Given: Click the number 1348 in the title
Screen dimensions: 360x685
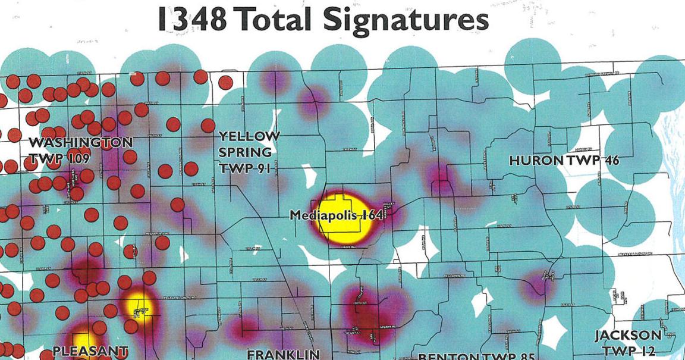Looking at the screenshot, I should (x=191, y=20).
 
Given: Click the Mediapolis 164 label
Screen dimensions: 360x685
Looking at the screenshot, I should (x=336, y=215).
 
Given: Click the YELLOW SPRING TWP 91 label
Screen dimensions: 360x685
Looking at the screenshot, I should (x=249, y=153).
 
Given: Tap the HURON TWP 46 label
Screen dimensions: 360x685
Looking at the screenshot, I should (x=564, y=161).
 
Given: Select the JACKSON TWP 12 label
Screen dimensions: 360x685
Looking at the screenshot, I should (x=628, y=343).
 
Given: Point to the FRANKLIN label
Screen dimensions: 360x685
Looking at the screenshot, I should (x=284, y=355).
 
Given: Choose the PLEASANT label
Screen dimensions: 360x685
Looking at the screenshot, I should (x=90, y=351).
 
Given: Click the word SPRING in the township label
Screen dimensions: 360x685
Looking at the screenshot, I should (x=245, y=153).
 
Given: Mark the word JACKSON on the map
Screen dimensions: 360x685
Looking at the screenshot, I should (x=628, y=336).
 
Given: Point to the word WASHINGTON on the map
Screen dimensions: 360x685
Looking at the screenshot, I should (x=81, y=143).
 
